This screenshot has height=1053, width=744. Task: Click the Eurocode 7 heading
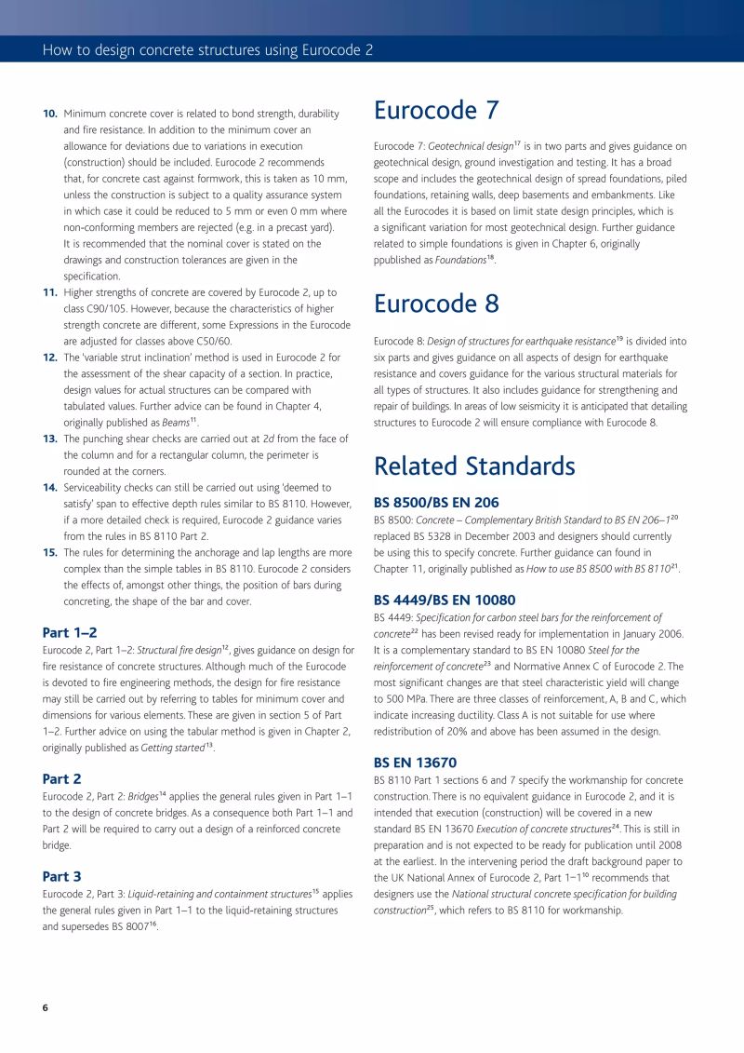pyautogui.click(x=436, y=111)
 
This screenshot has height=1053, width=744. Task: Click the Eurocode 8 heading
pyautogui.click(x=436, y=304)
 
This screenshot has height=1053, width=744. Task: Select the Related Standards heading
pyautogui.click(x=474, y=466)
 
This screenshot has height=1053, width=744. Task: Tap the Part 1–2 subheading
pyautogui.click(x=70, y=632)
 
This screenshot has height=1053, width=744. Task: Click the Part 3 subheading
pyautogui.click(x=62, y=876)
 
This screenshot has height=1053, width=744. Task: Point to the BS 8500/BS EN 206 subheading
pyautogui.click(x=436, y=502)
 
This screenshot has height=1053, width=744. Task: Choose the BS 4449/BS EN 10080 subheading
pyautogui.click(x=445, y=601)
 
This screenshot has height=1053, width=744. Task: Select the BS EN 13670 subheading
pyautogui.click(x=415, y=763)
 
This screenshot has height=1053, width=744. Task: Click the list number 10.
pyautogui.click(x=50, y=114)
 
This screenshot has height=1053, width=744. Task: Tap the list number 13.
pyautogui.click(x=50, y=439)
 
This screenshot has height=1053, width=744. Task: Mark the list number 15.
pyautogui.click(x=50, y=552)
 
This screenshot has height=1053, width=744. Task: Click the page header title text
pyautogui.click(x=207, y=49)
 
